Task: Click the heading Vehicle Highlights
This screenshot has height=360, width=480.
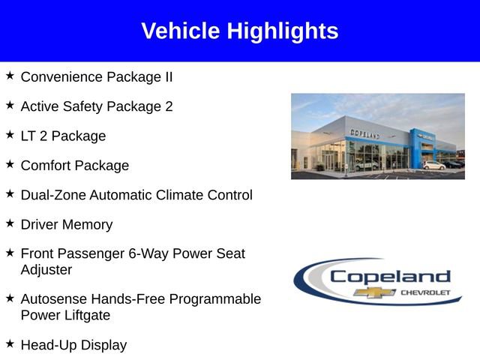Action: click(x=240, y=31)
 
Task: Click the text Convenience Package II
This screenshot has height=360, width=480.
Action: click(x=97, y=76)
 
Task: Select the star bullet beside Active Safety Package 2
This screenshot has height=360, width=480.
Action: click(x=10, y=105)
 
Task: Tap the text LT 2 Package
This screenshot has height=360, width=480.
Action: click(x=63, y=136)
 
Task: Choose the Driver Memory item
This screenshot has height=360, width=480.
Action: click(x=66, y=224)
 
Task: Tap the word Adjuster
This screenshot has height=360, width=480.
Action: click(x=46, y=269)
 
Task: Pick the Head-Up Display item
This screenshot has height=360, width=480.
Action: click(x=73, y=345)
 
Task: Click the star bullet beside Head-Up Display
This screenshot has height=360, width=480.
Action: click(x=10, y=343)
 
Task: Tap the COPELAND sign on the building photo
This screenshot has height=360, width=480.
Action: click(x=364, y=133)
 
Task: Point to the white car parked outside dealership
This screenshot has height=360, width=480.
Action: click(x=433, y=164)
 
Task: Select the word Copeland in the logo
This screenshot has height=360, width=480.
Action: click(x=390, y=276)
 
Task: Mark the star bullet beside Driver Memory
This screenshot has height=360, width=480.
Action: click(x=10, y=223)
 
